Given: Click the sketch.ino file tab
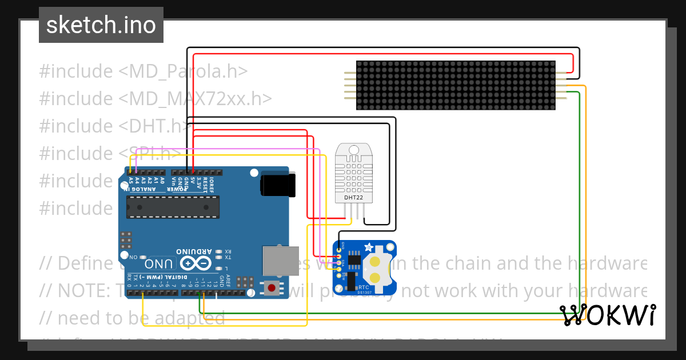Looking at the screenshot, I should (x=101, y=25).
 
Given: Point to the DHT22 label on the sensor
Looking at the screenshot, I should (x=353, y=198).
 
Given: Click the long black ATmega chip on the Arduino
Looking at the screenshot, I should (x=173, y=207).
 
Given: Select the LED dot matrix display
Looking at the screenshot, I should (x=456, y=85).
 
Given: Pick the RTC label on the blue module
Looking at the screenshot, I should (x=364, y=287).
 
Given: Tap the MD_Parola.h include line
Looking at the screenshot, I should (x=143, y=71).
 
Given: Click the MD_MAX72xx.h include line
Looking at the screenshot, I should (x=155, y=99).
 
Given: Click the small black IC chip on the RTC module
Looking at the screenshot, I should (x=354, y=260).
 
